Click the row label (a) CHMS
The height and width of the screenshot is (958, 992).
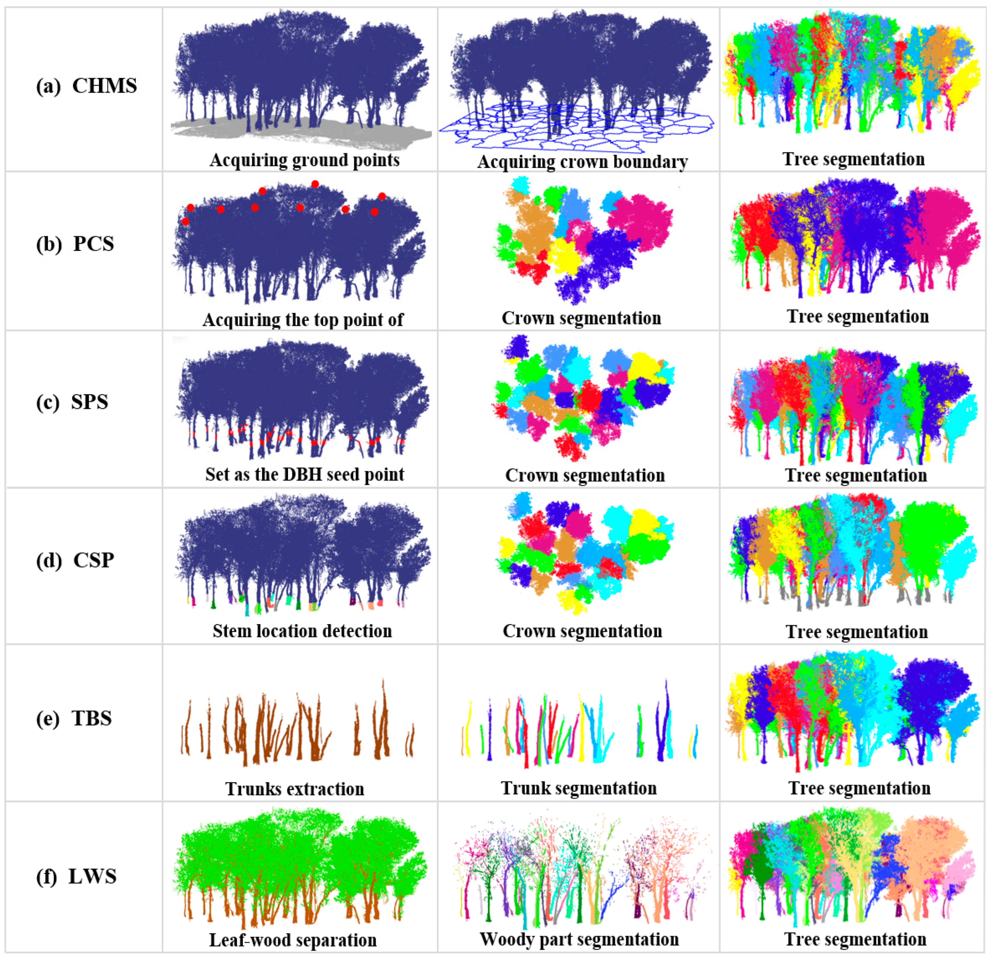(x=86, y=86)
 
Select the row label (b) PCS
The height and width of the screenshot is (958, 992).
(x=75, y=244)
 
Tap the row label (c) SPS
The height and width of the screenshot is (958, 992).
(x=72, y=402)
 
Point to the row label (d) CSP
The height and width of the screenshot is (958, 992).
(x=75, y=560)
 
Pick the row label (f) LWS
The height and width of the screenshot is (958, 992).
(x=76, y=876)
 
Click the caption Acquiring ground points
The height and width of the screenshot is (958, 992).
(x=304, y=160)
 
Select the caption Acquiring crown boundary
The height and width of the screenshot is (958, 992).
(x=582, y=161)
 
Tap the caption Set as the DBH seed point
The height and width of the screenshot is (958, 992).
(x=304, y=474)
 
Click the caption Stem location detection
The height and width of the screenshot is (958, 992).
(x=302, y=631)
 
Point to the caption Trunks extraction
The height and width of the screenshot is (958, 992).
(x=294, y=788)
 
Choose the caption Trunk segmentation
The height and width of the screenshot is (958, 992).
(x=579, y=788)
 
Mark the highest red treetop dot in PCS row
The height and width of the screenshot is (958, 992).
(x=315, y=184)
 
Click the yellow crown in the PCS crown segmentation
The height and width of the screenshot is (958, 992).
(x=565, y=256)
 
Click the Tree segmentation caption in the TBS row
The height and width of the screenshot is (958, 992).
(x=859, y=788)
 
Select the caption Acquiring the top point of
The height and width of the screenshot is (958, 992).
(x=303, y=320)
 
